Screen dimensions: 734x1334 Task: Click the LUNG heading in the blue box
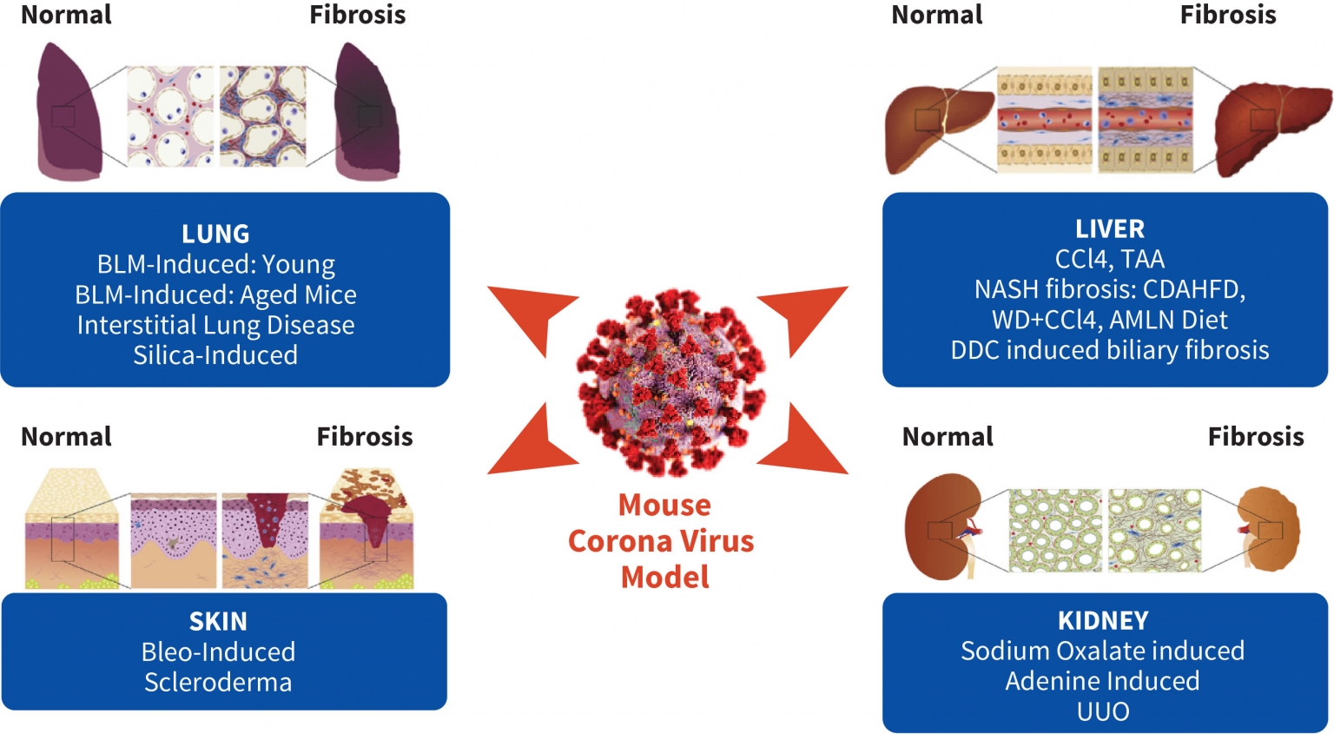(215, 234)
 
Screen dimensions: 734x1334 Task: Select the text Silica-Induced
(215, 355)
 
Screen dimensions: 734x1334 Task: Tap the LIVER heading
(1109, 228)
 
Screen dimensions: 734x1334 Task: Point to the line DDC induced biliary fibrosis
(1109, 350)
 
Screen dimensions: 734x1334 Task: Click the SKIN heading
(218, 621)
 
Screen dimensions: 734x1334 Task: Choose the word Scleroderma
(218, 682)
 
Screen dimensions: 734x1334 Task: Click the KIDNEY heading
(1103, 620)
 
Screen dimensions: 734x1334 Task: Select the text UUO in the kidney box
(1103, 711)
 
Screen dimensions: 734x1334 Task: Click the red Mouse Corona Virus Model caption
(663, 540)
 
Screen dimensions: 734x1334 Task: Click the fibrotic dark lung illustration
(367, 113)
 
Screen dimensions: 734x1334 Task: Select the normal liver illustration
(938, 126)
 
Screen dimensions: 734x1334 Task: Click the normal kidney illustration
(942, 526)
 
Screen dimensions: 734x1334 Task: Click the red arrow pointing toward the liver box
(803, 317)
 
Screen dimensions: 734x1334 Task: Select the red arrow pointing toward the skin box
(530, 443)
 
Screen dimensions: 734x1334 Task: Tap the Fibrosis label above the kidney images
(1255, 436)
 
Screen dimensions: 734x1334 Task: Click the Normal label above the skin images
(66, 436)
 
